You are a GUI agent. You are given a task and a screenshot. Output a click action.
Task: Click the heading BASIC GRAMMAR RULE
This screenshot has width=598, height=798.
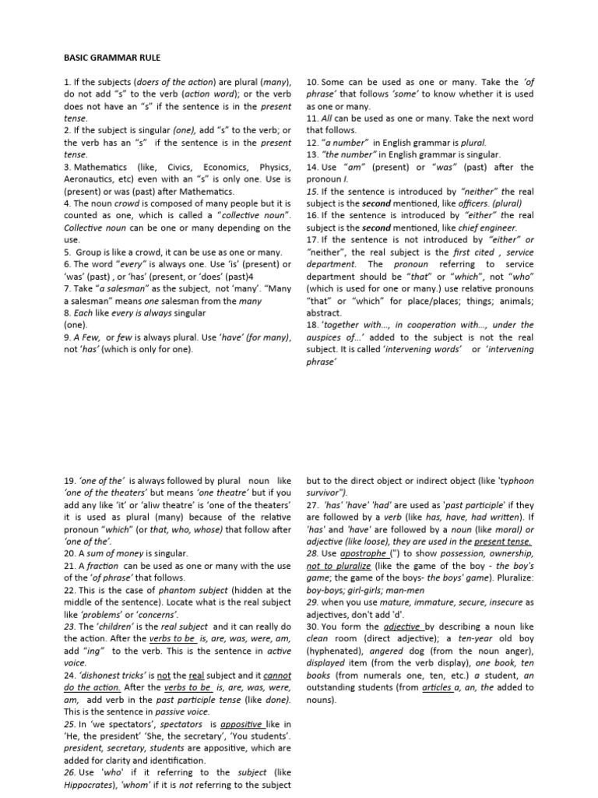click(x=111, y=58)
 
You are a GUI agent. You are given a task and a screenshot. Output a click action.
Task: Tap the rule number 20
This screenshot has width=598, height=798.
click(x=68, y=553)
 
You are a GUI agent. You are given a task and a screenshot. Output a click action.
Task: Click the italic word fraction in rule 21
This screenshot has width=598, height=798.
click(x=102, y=566)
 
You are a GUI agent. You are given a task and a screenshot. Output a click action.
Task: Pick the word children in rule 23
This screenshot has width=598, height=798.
click(x=119, y=627)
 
